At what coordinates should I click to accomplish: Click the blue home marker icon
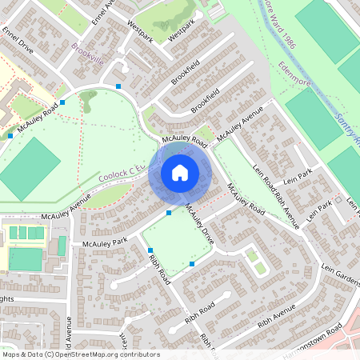(179, 173)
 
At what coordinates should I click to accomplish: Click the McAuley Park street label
(99, 241)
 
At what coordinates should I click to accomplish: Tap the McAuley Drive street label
(199, 223)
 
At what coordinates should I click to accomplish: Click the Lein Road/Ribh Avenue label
(275, 194)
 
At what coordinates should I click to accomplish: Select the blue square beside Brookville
(118, 86)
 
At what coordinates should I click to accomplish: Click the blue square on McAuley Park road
(168, 213)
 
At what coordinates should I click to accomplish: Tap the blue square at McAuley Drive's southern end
(192, 264)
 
